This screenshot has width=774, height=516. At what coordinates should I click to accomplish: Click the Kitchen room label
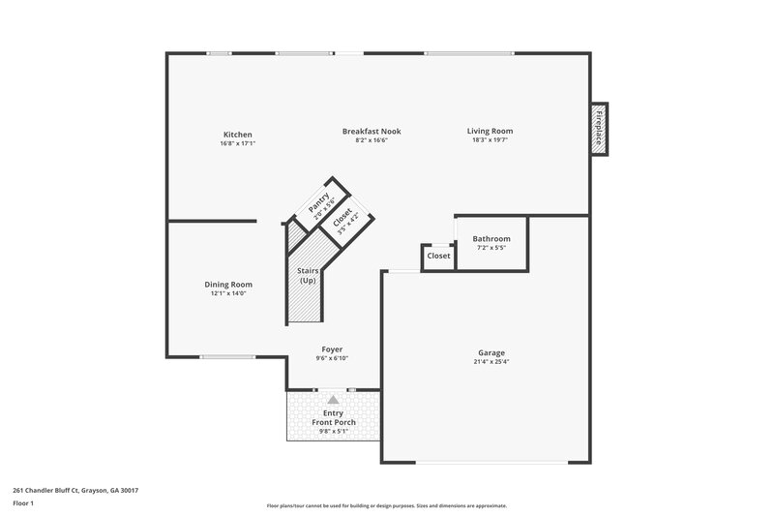click(237, 134)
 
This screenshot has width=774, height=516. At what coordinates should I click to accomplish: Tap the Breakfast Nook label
click(372, 131)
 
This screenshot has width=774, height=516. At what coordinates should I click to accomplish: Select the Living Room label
click(490, 131)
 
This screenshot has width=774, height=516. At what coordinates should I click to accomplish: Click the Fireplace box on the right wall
click(599, 128)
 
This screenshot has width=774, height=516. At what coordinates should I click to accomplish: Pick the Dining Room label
click(228, 285)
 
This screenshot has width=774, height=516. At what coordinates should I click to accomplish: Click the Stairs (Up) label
click(308, 276)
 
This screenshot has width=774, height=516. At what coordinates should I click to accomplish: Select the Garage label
click(491, 352)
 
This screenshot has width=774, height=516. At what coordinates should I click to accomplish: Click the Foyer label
click(332, 349)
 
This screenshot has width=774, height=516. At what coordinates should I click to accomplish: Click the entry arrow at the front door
click(333, 398)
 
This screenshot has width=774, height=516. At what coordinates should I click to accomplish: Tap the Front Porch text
click(333, 423)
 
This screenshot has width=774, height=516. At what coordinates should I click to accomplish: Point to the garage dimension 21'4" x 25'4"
click(491, 365)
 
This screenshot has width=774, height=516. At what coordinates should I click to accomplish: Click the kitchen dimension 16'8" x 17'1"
click(237, 143)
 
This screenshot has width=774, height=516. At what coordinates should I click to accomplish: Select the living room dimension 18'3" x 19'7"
click(490, 140)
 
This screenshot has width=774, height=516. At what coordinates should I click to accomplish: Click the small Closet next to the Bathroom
click(438, 257)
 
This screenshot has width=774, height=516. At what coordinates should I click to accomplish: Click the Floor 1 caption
click(22, 504)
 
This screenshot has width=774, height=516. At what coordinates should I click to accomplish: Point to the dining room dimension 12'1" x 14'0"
click(228, 293)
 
